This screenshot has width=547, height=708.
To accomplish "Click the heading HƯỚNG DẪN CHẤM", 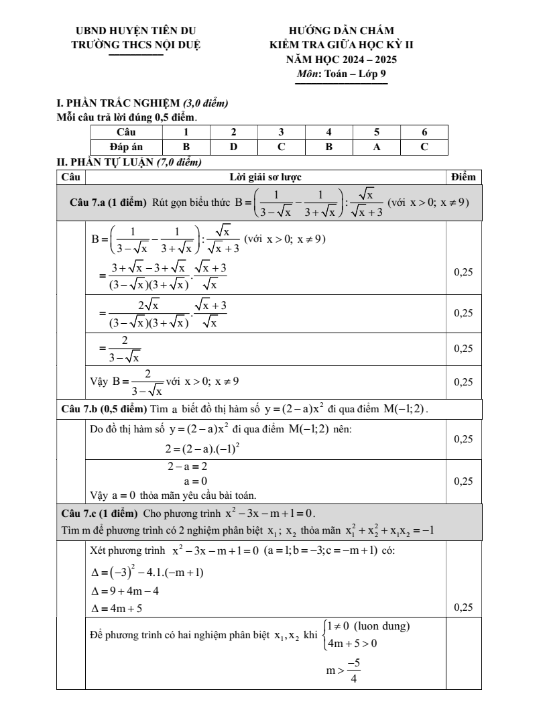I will pyautogui.click(x=341, y=30).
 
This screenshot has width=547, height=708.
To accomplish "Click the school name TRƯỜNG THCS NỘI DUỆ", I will pyautogui.click(x=136, y=45).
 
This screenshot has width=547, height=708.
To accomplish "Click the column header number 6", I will pyautogui.click(x=424, y=132).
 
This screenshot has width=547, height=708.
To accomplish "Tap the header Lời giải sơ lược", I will pyautogui.click(x=265, y=177).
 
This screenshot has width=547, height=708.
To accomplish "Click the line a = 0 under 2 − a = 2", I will pyautogui.click(x=195, y=481).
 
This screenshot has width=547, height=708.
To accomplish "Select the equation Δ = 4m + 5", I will pyautogui.click(x=116, y=609).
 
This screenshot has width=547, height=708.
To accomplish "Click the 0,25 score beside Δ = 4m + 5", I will pyautogui.click(x=463, y=609).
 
